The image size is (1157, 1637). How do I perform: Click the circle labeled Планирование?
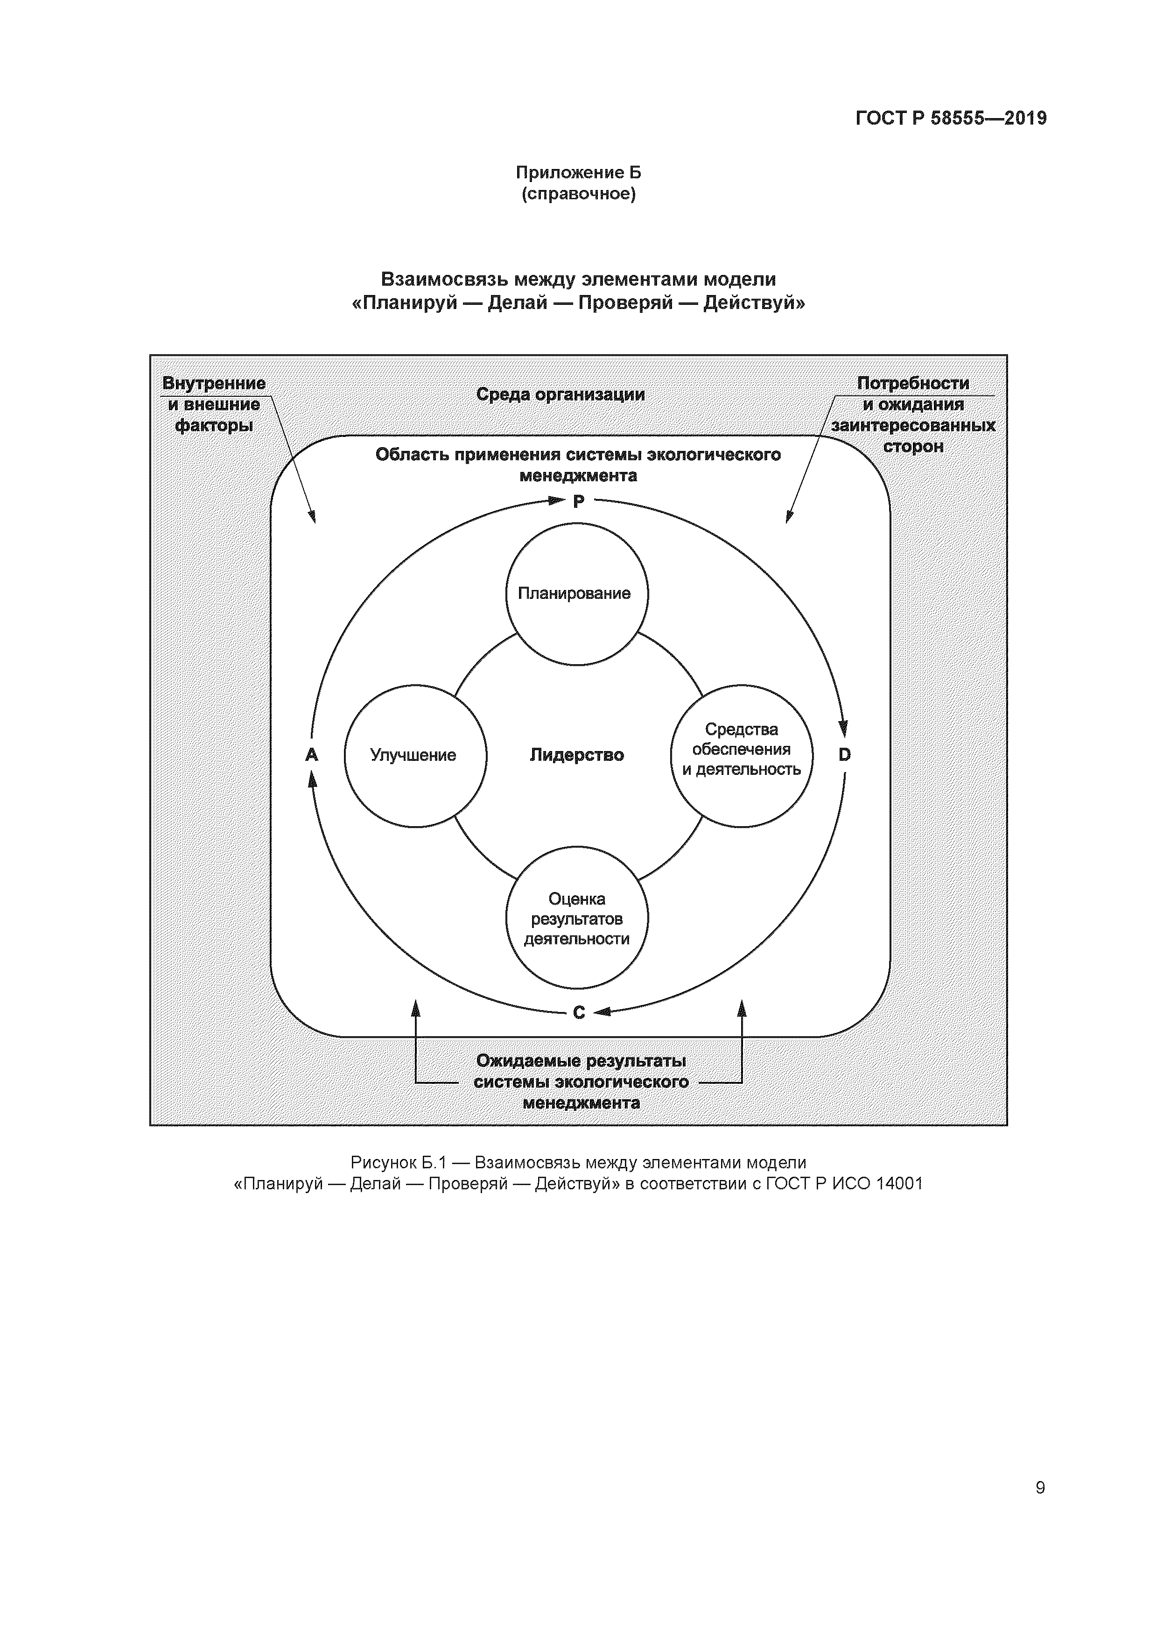click(x=577, y=594)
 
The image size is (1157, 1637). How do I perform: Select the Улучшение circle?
click(x=415, y=755)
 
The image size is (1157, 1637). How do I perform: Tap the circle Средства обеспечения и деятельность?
click(x=742, y=755)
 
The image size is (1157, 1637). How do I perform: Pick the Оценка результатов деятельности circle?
click(x=577, y=918)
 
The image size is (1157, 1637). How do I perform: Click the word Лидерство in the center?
click(x=577, y=755)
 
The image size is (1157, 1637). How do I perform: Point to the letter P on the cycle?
click(x=579, y=502)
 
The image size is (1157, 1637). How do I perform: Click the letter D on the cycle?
click(x=845, y=754)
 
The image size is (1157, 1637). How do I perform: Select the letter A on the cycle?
click(x=311, y=754)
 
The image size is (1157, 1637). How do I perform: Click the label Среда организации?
click(x=561, y=394)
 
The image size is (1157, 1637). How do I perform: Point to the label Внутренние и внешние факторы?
click(x=214, y=404)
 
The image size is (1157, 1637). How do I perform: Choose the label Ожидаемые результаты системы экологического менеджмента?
click(x=581, y=1082)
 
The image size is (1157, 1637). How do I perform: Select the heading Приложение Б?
click(x=578, y=173)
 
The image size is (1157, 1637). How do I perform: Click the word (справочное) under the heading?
click(x=578, y=194)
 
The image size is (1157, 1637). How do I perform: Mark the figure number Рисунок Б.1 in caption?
click(x=398, y=1163)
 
